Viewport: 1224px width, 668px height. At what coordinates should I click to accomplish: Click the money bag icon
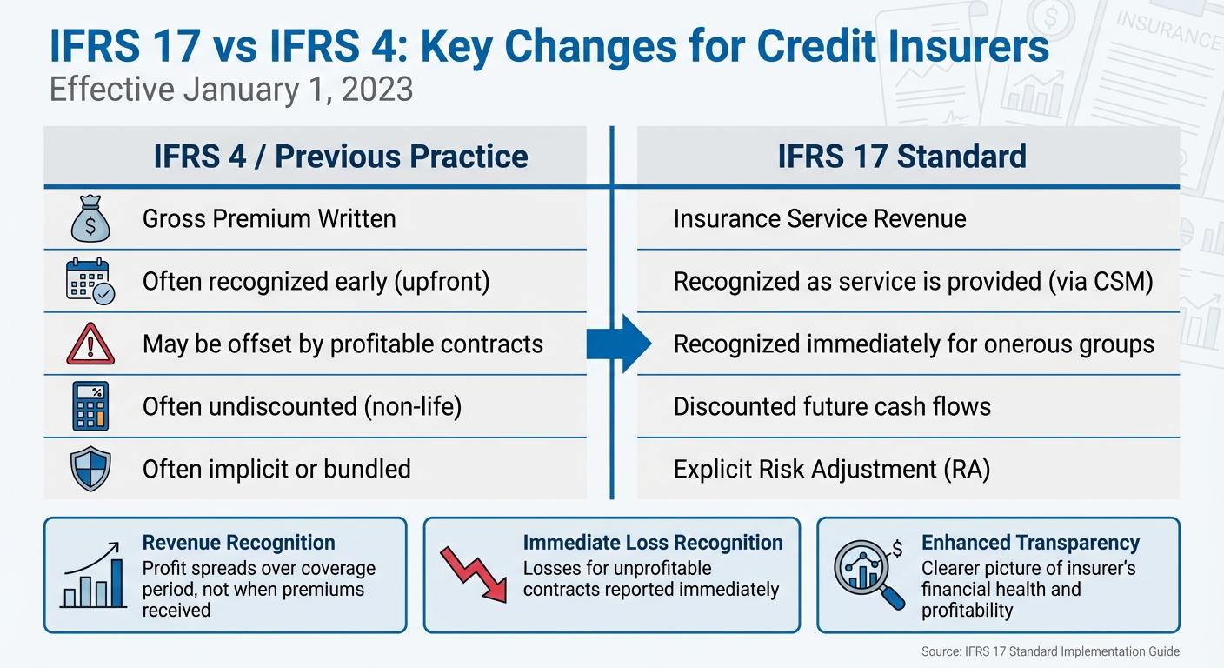[90, 219]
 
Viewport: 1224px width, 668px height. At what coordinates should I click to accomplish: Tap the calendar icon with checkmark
[90, 281]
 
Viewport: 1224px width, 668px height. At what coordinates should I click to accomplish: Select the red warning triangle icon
[90, 344]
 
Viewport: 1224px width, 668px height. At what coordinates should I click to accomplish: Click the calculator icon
[90, 406]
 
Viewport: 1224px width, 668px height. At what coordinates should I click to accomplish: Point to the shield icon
[90, 469]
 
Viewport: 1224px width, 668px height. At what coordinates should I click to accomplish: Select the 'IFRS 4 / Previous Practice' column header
[340, 157]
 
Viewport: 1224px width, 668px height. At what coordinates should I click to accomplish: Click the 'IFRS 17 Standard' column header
[901, 157]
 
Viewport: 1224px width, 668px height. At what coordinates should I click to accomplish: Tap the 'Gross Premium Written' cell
[269, 218]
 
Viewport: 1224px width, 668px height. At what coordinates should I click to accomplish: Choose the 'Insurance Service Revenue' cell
[820, 218]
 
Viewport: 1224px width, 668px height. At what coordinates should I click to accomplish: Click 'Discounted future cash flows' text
[832, 406]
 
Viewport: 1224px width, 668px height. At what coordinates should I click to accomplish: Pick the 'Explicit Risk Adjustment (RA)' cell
[832, 469]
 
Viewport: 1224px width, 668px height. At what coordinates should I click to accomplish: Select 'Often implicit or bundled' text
[276, 469]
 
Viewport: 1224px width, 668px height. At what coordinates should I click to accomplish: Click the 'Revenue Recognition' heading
[238, 543]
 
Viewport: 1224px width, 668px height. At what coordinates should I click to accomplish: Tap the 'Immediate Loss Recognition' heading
[653, 543]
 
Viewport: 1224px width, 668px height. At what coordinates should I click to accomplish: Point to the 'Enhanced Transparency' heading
[1030, 543]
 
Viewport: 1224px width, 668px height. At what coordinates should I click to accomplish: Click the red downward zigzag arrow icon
[475, 575]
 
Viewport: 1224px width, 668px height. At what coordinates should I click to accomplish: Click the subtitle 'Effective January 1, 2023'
[231, 90]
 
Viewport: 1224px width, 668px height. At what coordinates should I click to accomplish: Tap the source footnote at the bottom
[1050, 651]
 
